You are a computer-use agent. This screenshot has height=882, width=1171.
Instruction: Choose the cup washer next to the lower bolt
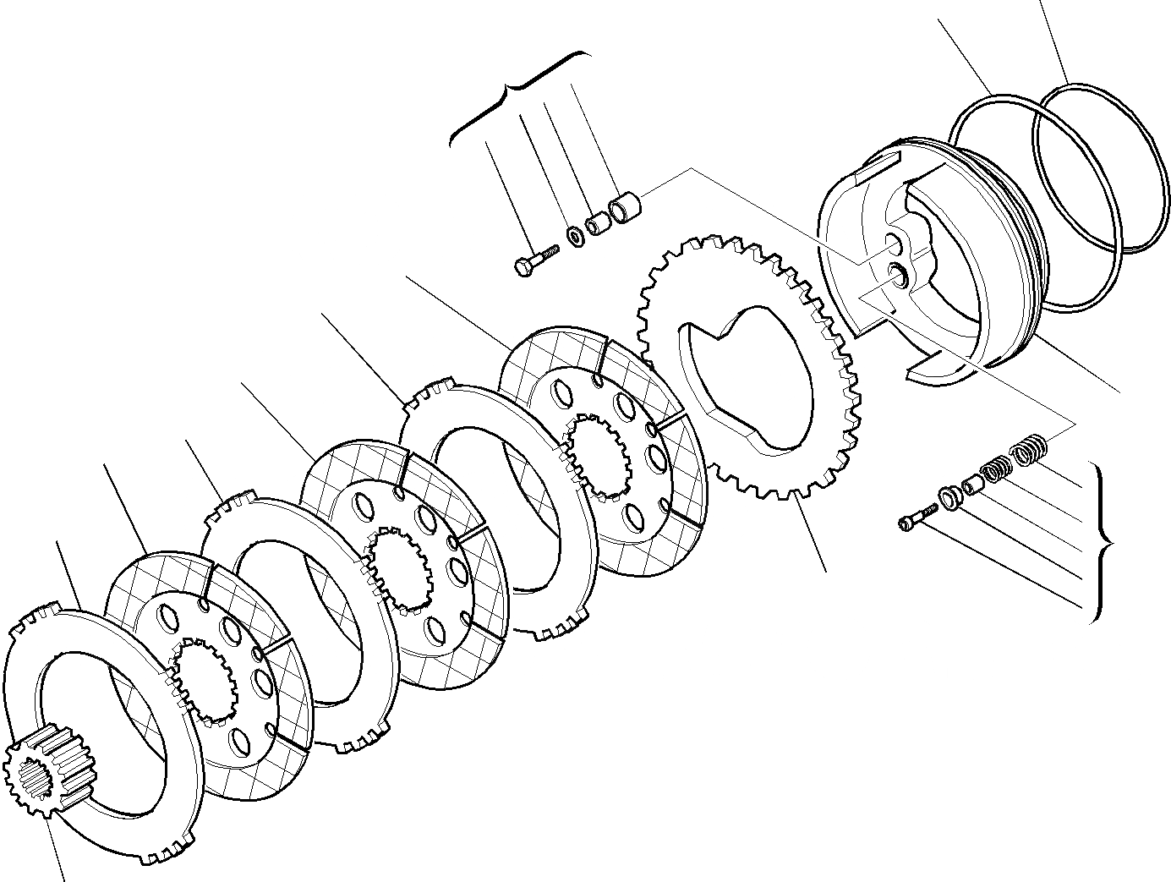click(x=949, y=498)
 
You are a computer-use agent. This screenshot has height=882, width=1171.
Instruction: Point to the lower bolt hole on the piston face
click(x=897, y=273)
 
